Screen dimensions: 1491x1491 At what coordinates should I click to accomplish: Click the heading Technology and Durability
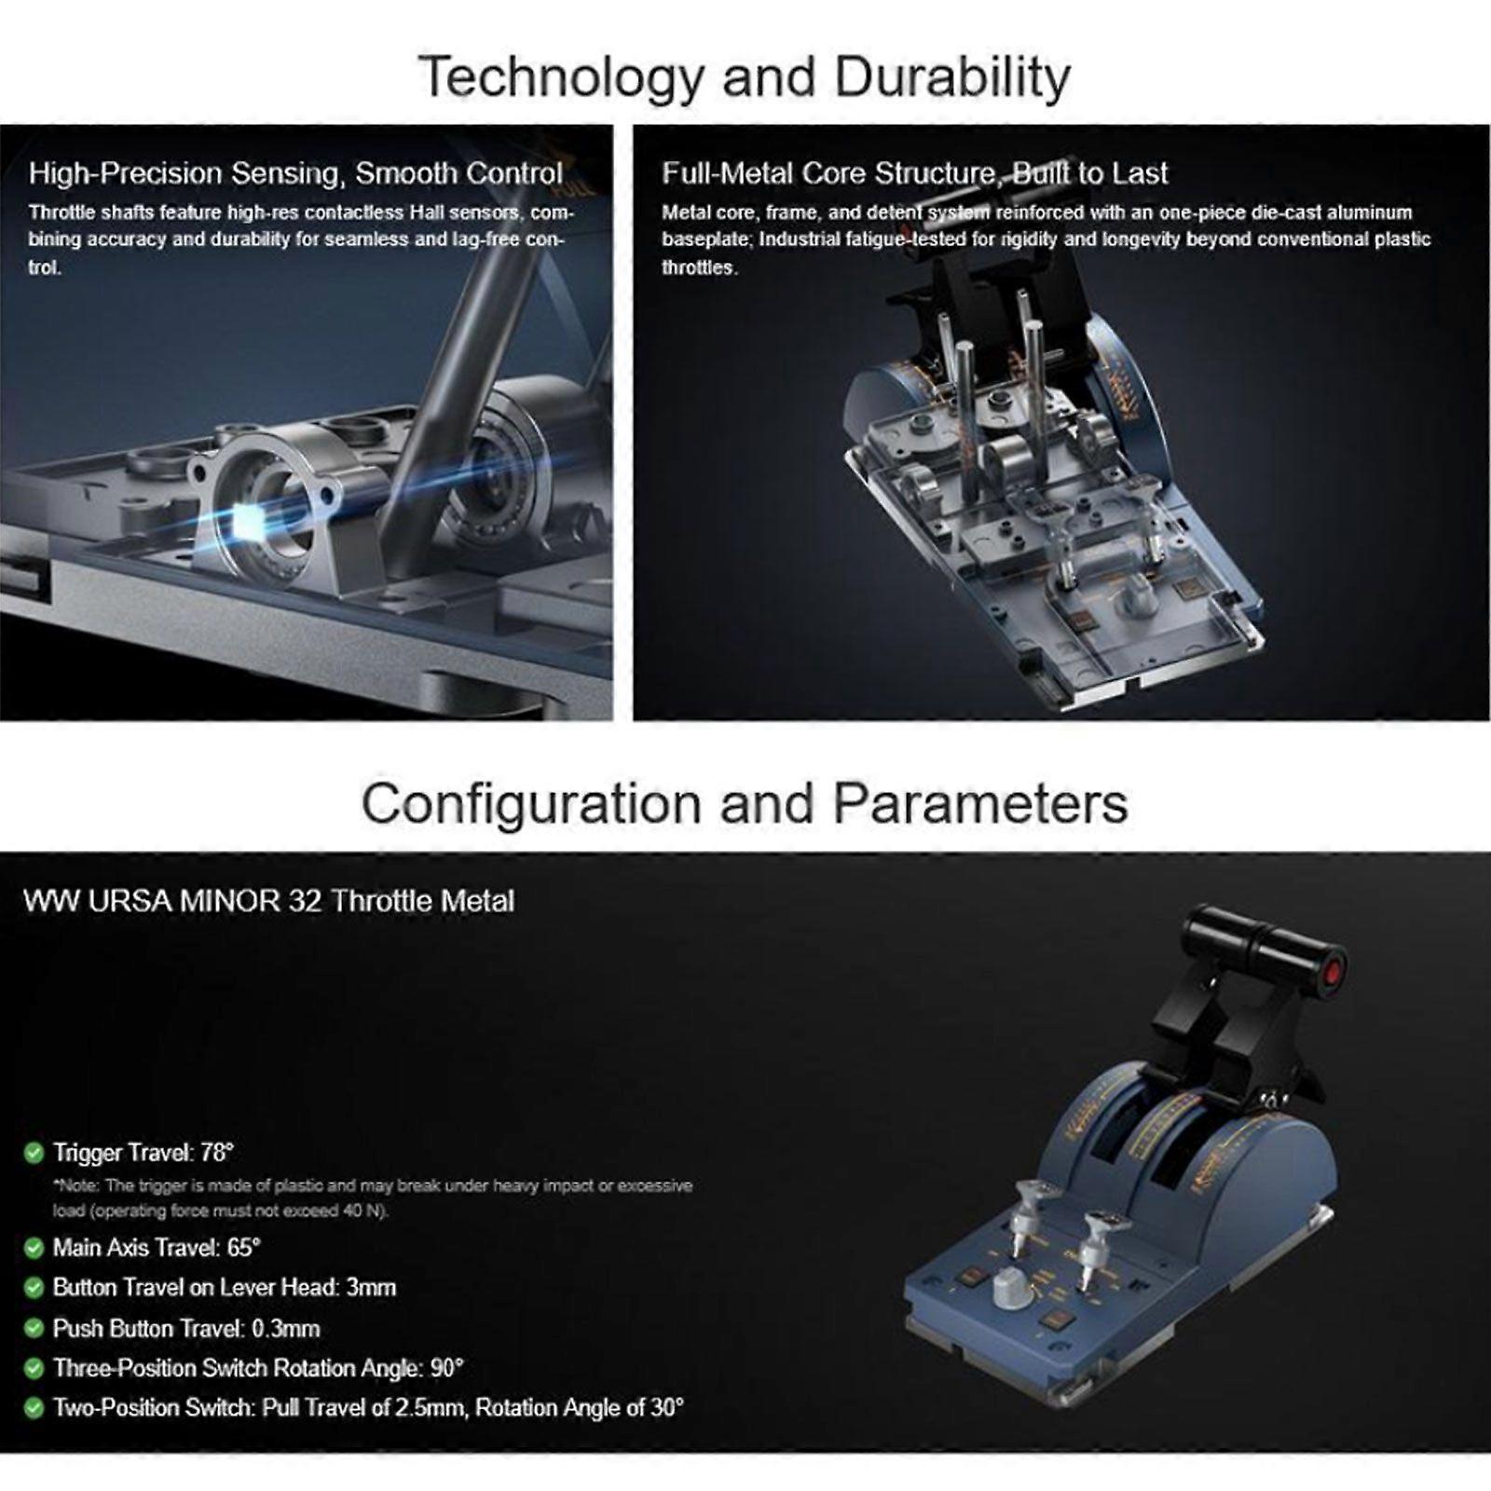(744, 76)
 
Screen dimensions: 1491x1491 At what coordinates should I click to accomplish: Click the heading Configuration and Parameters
(745, 803)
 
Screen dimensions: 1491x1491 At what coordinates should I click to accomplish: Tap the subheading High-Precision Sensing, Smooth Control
(295, 173)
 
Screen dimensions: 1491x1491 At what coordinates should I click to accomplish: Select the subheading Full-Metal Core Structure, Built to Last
(914, 173)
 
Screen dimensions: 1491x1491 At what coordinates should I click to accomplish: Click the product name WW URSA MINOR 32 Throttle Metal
(268, 901)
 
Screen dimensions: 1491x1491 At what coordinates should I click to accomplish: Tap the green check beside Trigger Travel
(34, 1154)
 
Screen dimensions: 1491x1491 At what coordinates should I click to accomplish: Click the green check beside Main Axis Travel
(34, 1248)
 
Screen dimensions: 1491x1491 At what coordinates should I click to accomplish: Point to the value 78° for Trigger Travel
(216, 1153)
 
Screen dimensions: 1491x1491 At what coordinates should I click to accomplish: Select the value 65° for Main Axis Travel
(243, 1247)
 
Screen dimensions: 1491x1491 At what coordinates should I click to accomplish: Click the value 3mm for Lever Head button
(371, 1288)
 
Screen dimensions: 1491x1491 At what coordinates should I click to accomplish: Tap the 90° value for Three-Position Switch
(446, 1369)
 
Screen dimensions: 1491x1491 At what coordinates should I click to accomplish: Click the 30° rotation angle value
(667, 1408)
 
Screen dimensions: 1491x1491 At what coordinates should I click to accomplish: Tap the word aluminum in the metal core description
(1370, 212)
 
